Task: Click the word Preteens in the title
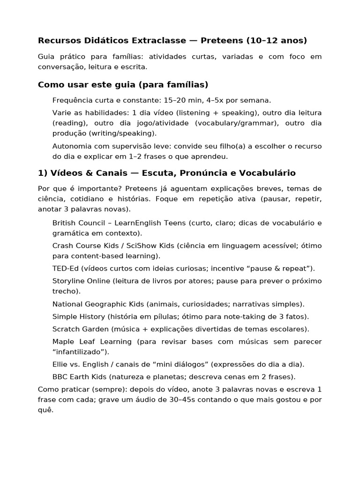tap(223, 40)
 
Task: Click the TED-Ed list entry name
tap(66, 269)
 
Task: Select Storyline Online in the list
tap(81, 281)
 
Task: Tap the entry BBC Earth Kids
tap(77, 377)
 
